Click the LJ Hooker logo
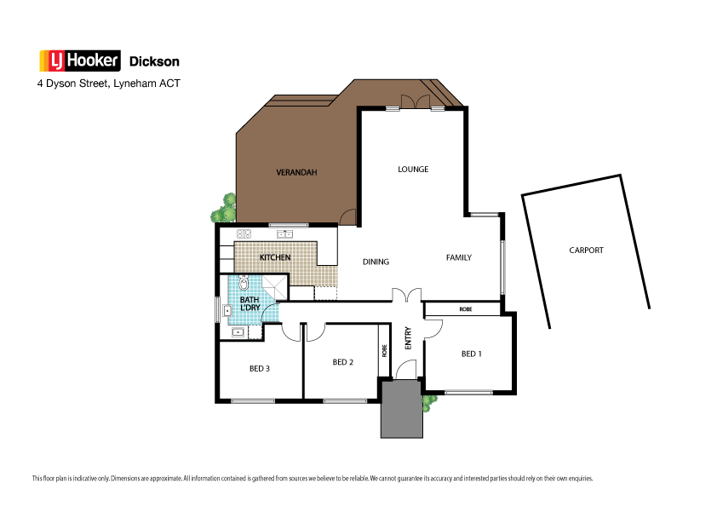[80, 61]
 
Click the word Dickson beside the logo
[154, 62]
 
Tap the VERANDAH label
[296, 172]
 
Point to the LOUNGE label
[413, 169]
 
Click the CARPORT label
[586, 251]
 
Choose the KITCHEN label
[275, 257]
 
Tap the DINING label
[376, 262]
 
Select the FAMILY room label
[458, 257]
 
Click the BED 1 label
[470, 354]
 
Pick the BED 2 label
[342, 362]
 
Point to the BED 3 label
[260, 369]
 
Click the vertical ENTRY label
[408, 338]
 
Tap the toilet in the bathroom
[244, 284]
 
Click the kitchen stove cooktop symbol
[243, 234]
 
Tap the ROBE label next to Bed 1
[466, 308]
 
